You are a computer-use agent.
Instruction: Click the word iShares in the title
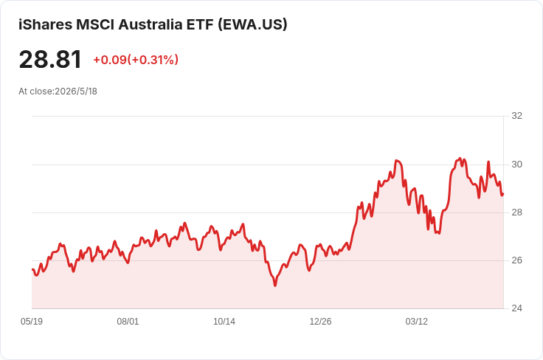[x=45, y=24]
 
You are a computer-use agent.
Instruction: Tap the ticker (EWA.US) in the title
[x=252, y=24]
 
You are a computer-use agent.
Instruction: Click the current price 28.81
[x=50, y=59]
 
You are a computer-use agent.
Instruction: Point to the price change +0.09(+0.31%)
[x=136, y=60]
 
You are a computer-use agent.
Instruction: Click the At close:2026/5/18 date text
[x=58, y=91]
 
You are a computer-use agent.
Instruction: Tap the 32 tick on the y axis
[x=516, y=116]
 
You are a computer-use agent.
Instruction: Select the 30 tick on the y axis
[x=516, y=165]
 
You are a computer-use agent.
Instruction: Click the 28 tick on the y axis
[x=516, y=212]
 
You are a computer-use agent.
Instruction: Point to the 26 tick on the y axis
[x=516, y=260]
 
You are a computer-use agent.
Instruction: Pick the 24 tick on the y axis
[x=516, y=308]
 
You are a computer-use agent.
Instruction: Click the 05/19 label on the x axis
[x=32, y=322]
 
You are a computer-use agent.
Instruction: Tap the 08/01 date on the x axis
[x=128, y=322]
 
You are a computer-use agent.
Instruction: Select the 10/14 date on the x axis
[x=224, y=322]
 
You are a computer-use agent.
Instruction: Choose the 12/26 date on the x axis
[x=320, y=322]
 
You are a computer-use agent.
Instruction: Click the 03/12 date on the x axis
[x=417, y=322]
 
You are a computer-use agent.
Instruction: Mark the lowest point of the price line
[x=275, y=285]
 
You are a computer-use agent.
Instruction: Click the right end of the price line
[x=503, y=194]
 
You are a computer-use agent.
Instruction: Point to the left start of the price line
[x=32, y=269]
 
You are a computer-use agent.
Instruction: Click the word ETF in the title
[x=200, y=24]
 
